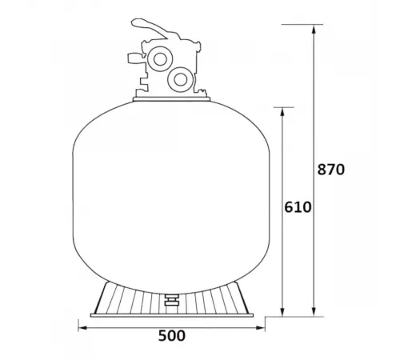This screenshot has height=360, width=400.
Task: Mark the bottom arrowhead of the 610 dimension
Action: pyautogui.click(x=284, y=313)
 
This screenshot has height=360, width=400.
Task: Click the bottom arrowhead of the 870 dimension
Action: pyautogui.click(x=314, y=313)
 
